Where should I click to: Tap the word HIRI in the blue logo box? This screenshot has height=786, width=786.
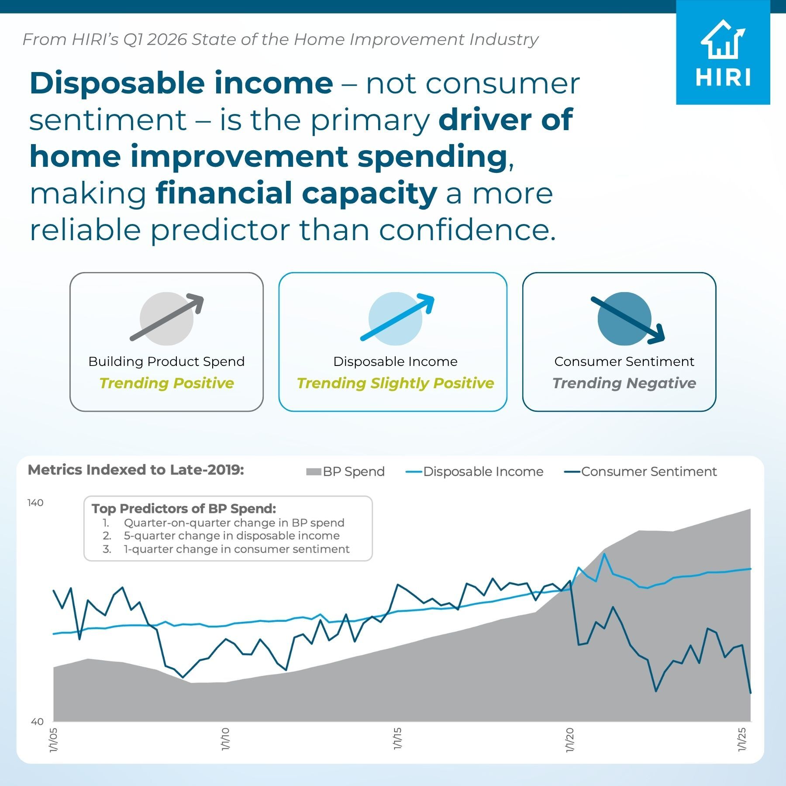[723, 78]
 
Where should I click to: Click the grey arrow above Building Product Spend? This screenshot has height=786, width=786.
[167, 317]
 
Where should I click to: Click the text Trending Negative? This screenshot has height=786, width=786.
[624, 383]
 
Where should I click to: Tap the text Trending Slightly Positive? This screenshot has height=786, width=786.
[395, 383]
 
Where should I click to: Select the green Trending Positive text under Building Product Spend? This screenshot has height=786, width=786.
[166, 383]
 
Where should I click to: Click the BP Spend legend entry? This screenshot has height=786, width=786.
[345, 472]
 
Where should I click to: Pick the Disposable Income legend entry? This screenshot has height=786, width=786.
[475, 472]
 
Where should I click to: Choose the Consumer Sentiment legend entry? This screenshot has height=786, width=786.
[641, 472]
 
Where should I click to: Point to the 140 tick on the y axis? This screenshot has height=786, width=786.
[35, 503]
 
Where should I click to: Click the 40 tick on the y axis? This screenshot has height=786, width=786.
[37, 722]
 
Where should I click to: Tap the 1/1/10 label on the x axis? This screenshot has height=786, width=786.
[225, 739]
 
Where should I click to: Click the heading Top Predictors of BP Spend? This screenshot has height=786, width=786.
[184, 508]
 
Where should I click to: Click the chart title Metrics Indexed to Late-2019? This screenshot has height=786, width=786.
[136, 470]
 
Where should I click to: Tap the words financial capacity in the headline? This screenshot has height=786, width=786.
[296, 193]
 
